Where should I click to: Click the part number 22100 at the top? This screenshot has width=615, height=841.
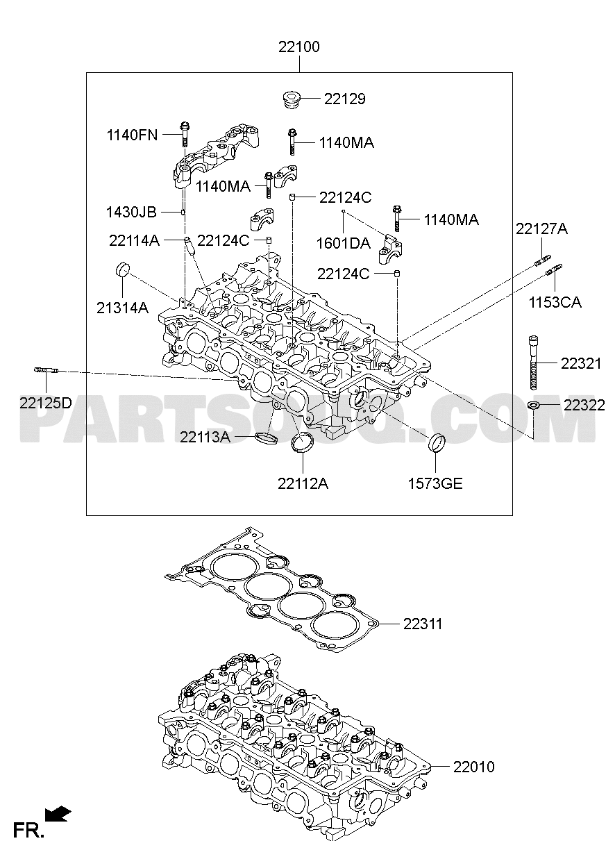(299, 47)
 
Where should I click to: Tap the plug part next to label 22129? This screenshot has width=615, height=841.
(292, 99)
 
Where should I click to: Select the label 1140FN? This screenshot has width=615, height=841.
(132, 135)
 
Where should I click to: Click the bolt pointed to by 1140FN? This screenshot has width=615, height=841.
(185, 134)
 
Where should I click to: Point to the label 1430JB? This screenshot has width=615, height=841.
(131, 213)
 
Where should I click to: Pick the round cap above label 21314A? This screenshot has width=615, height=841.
(122, 270)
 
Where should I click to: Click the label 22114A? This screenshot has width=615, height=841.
(135, 241)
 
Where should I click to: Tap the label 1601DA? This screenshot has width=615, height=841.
(344, 243)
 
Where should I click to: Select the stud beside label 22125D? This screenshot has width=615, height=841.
(47, 370)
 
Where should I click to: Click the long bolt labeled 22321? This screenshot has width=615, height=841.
(534, 362)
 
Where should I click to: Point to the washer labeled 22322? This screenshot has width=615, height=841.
(533, 405)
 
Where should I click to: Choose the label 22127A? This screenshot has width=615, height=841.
(542, 228)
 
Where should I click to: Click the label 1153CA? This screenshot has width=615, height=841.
(555, 302)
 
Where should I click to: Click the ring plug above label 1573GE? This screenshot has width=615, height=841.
(437, 443)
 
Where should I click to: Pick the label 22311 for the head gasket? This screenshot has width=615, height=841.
(423, 624)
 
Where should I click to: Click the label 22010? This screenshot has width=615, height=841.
(474, 767)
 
